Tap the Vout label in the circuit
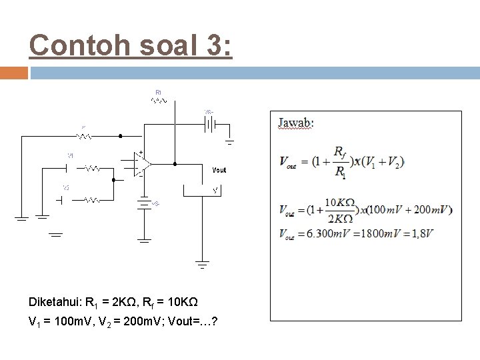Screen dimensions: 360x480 click(219, 170)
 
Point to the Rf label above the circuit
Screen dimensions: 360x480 click(158, 91)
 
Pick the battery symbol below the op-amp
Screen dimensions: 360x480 click(143, 203)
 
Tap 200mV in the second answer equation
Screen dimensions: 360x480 click(432, 210)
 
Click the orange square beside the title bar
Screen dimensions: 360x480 click(13, 73)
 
